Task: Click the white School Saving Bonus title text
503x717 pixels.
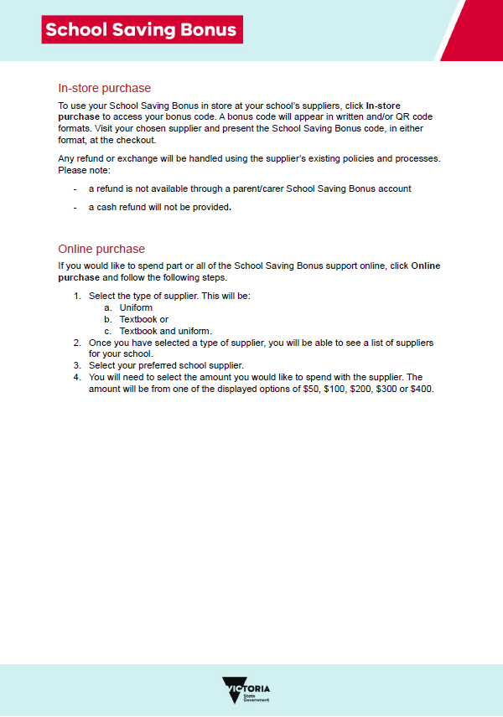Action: point(142,30)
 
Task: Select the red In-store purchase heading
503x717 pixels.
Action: point(104,88)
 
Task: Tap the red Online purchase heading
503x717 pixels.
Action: point(101,249)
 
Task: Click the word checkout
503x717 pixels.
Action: point(137,141)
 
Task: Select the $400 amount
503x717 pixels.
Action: point(422,389)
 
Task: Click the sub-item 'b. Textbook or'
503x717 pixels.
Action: point(136,319)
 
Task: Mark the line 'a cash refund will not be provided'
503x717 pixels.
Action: point(159,207)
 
